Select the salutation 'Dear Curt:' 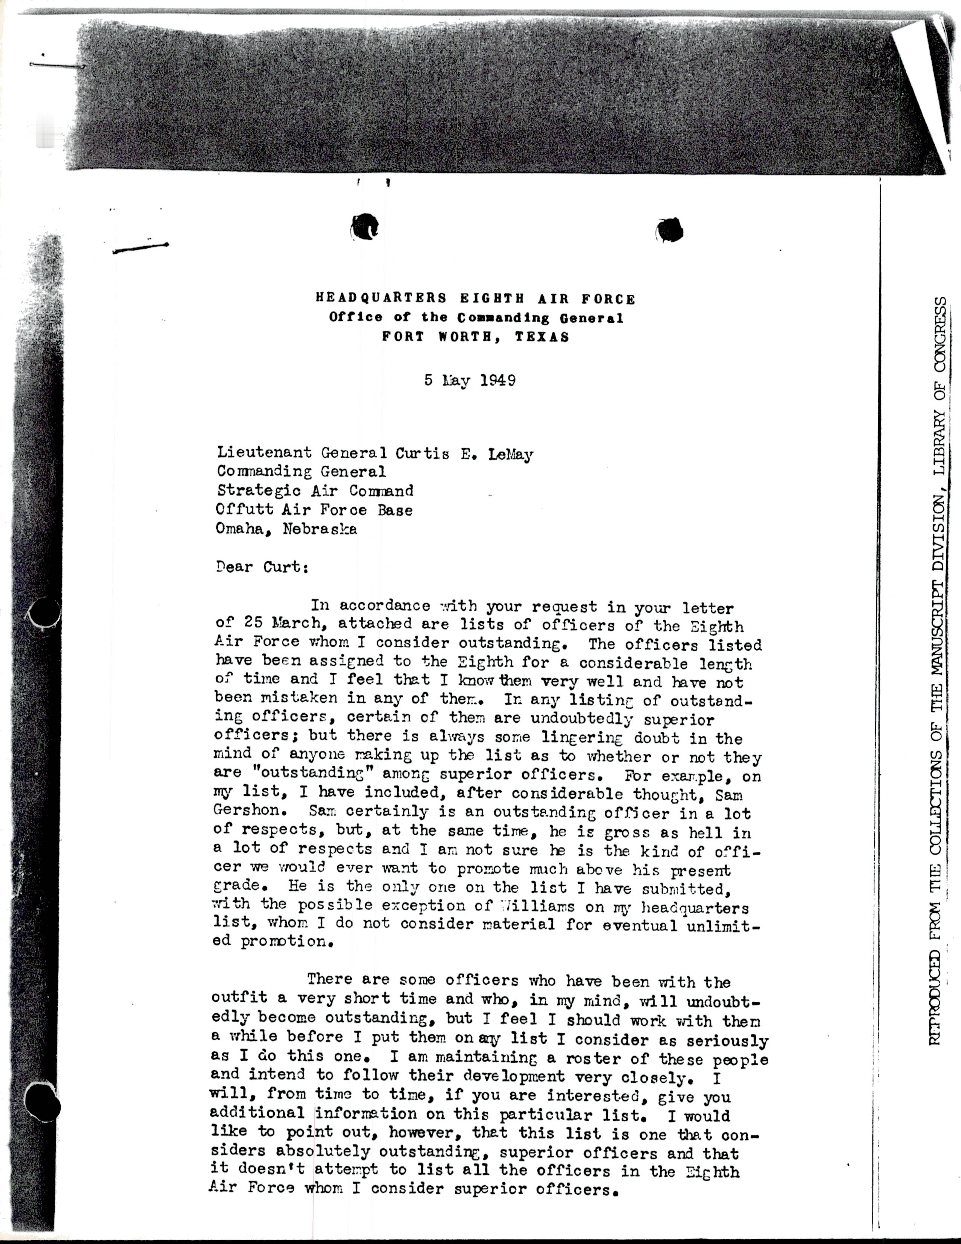pyautogui.click(x=262, y=567)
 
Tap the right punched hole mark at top pyautogui.click(x=670, y=230)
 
